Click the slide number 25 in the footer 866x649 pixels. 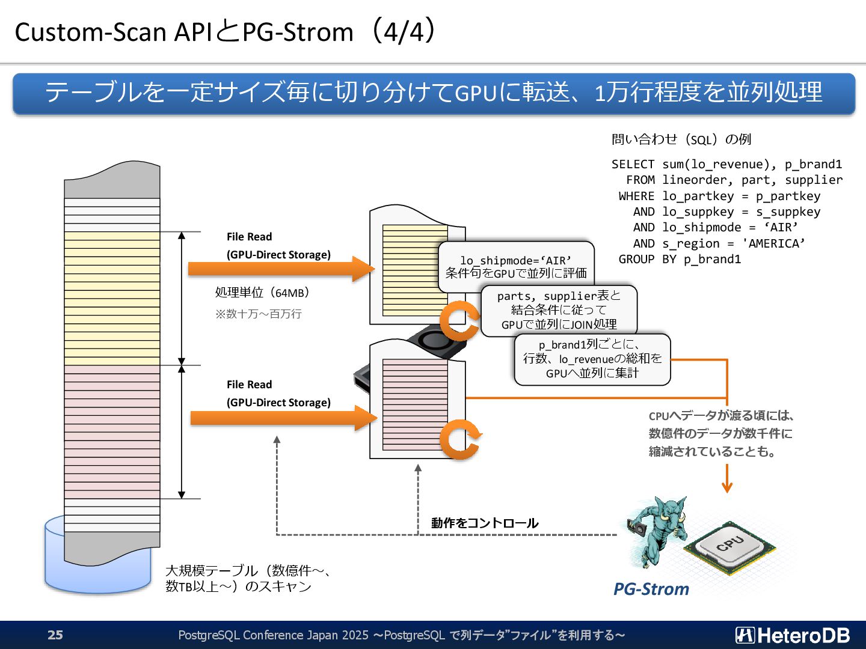(x=55, y=635)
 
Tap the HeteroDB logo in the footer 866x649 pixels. (x=792, y=635)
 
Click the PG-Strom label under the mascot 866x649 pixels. (x=651, y=589)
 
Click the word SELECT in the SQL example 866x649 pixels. (x=633, y=164)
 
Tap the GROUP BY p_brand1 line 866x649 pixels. (x=680, y=259)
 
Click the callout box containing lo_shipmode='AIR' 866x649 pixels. (x=516, y=266)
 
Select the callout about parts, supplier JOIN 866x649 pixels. (x=559, y=310)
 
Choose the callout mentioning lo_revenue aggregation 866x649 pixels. (x=592, y=359)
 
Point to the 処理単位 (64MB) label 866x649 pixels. (x=262, y=293)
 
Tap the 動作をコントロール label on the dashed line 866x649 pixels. (x=485, y=523)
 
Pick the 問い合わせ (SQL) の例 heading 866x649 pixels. (x=681, y=139)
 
